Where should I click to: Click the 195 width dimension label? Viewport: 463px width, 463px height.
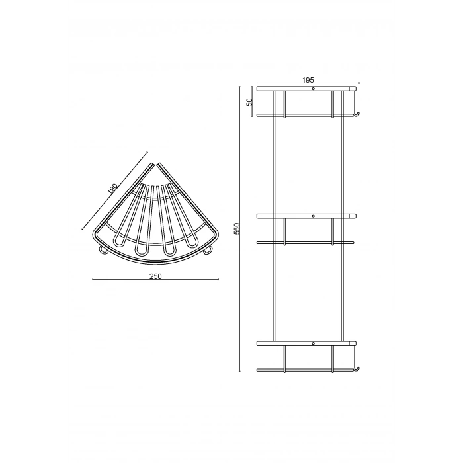coord(308,80)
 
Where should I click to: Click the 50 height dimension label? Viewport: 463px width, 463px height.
coord(250,102)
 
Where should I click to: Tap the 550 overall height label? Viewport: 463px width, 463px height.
coord(237,229)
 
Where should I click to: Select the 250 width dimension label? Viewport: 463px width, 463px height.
coord(155,276)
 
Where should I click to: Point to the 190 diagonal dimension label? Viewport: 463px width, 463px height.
coord(112,189)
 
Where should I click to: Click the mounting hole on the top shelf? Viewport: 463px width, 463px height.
coord(314,89)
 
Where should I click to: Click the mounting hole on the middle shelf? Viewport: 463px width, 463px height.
coord(314,216)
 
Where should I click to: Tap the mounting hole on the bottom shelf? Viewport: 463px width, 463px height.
coord(314,343)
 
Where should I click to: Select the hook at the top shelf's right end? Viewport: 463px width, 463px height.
coord(357,114)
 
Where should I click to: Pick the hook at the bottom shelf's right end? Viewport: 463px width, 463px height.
coord(357,369)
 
